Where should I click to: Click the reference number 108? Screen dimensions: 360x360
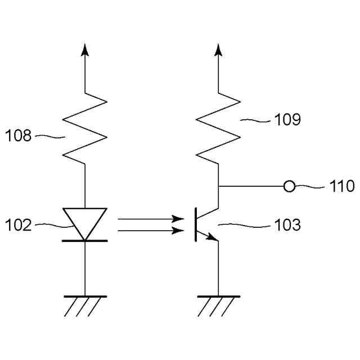pos(19,136)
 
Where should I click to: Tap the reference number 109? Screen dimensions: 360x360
pos(287,119)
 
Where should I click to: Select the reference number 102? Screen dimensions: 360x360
pos(19,226)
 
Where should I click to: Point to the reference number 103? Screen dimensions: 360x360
pos(287,226)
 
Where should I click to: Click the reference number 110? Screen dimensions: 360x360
pos(342,186)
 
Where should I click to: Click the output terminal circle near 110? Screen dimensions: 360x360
pos(289,186)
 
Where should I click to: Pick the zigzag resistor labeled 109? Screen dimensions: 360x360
pos(218,128)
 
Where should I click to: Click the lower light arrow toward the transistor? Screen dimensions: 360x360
pos(151,230)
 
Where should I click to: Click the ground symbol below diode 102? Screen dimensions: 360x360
pos(85,304)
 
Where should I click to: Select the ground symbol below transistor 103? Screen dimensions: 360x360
pos(218,304)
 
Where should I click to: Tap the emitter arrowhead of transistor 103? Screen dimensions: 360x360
pos(213,237)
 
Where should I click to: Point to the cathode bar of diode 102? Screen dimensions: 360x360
pos(85,241)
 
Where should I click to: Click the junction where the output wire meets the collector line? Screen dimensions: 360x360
pos(218,186)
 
